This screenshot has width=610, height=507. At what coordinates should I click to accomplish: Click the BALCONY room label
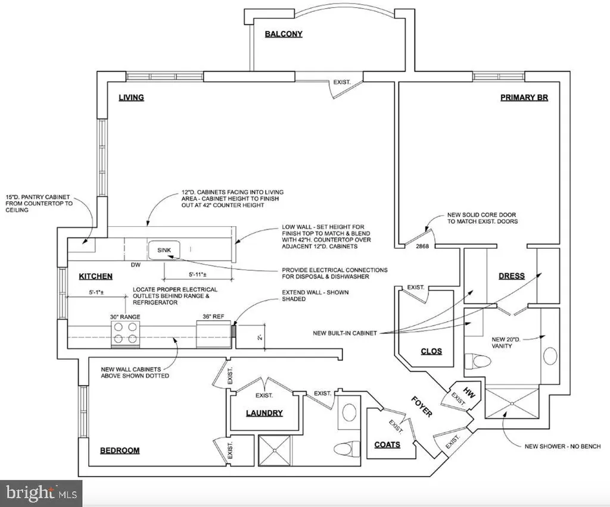[284, 34]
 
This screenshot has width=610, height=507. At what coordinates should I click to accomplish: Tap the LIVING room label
[132, 98]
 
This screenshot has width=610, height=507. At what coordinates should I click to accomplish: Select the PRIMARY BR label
[524, 98]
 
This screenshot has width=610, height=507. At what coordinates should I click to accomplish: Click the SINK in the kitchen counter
[164, 251]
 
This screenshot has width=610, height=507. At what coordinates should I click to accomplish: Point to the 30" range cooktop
[125, 333]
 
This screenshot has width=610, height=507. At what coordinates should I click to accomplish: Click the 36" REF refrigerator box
[214, 334]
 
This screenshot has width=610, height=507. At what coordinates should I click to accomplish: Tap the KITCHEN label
[96, 276]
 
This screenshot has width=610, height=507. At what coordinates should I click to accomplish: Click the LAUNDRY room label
[264, 413]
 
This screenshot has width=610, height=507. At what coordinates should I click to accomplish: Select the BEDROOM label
[120, 450]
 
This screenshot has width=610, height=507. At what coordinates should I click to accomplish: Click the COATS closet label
[387, 445]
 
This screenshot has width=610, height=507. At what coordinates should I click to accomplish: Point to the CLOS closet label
[431, 351]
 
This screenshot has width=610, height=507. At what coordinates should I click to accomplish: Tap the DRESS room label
[512, 276]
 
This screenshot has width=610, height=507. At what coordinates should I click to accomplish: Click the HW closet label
[469, 393]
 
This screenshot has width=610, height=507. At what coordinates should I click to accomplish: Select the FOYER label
[422, 406]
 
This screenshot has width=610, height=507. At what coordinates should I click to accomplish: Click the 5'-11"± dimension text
[198, 275]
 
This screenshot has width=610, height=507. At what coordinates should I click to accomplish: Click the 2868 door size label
[422, 246]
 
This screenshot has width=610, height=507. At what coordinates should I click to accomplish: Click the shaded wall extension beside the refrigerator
[234, 331]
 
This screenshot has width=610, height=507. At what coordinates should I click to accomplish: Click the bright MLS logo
[41, 493]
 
